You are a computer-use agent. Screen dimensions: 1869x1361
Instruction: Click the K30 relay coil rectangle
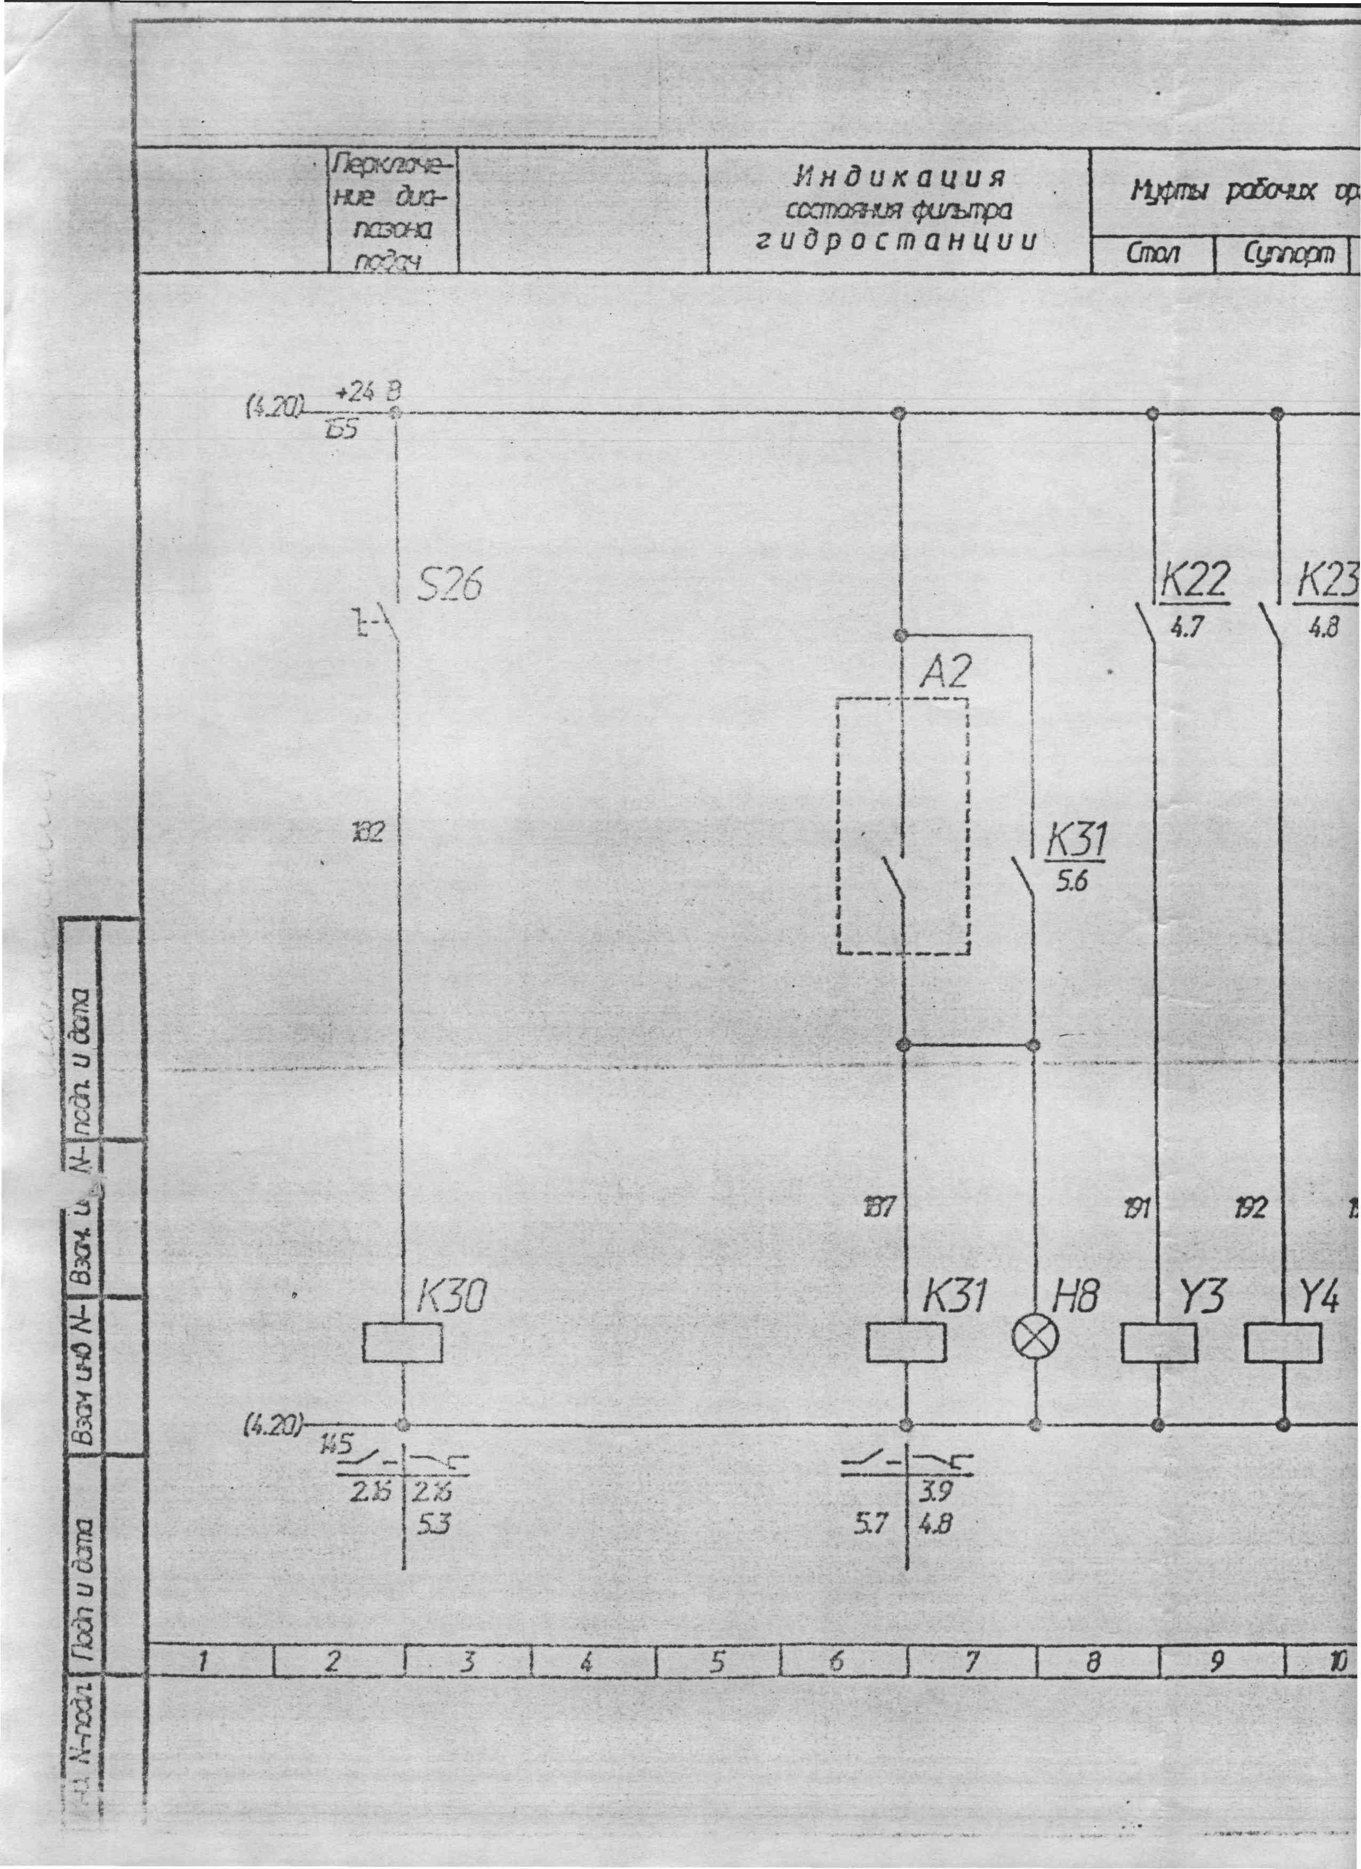(402, 1343)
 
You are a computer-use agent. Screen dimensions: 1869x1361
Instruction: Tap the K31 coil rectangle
(906, 1343)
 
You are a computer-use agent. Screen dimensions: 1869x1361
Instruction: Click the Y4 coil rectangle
(1283, 1343)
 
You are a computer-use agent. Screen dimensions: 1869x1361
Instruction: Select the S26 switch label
(449, 586)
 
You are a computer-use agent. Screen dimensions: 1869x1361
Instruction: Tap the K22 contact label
(1195, 581)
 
